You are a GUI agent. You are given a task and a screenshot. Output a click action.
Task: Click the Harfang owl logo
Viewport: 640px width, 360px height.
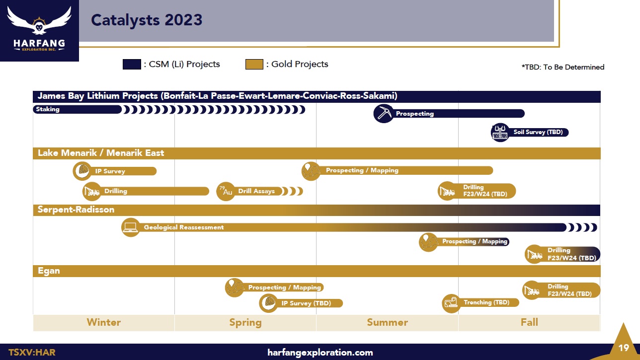click(x=39, y=28)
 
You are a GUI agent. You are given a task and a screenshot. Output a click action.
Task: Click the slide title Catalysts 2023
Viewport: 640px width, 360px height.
click(x=147, y=20)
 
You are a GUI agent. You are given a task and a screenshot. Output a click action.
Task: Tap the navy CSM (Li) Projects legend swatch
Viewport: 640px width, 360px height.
click(x=132, y=64)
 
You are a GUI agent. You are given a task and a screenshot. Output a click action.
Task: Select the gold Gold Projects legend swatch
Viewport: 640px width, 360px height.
click(x=254, y=64)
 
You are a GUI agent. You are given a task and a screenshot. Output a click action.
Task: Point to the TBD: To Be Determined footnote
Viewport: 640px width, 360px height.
click(x=563, y=67)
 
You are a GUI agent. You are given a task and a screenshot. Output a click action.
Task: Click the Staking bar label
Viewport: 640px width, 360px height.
click(x=48, y=109)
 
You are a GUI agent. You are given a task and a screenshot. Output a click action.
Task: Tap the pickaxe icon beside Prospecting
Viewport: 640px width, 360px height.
click(x=384, y=114)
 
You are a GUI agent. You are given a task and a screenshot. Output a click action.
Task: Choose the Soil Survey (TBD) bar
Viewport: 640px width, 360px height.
click(x=530, y=132)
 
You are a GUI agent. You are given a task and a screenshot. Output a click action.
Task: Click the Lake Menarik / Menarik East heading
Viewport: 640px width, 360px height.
click(x=101, y=153)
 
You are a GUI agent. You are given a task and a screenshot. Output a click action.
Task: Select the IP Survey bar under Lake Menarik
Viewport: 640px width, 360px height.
click(x=115, y=171)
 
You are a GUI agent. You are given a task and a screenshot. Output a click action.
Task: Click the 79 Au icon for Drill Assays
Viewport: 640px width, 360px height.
click(x=226, y=191)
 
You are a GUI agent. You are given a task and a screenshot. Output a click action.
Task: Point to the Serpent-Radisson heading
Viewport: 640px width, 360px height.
click(x=76, y=210)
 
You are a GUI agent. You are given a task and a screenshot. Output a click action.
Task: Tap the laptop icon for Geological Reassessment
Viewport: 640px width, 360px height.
click(x=131, y=227)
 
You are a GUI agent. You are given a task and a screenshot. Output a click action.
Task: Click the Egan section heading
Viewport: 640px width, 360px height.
click(x=49, y=271)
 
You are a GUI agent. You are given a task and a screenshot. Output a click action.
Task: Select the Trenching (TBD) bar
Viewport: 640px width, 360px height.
click(x=480, y=303)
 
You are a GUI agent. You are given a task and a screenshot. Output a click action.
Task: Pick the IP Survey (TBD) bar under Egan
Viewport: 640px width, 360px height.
click(x=301, y=303)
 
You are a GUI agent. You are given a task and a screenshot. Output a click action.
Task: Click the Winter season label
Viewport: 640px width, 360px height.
click(x=104, y=322)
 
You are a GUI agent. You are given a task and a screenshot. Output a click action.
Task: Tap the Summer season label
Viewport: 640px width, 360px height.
click(x=388, y=322)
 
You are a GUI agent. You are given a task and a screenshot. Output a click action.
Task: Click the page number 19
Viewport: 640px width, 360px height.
click(x=624, y=348)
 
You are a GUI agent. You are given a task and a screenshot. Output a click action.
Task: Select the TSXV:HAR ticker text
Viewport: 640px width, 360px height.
click(x=32, y=352)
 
